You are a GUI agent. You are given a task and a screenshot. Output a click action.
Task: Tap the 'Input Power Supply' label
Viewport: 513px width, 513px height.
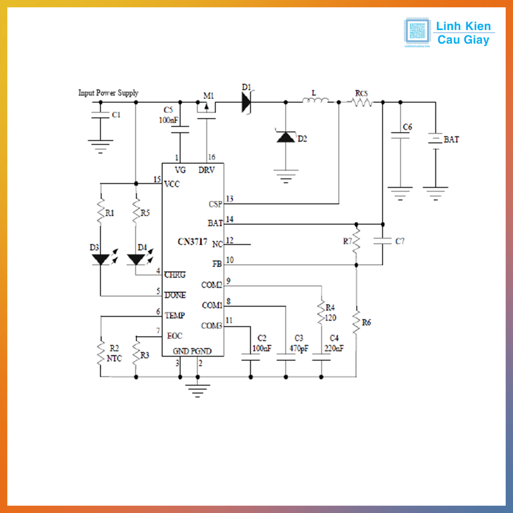click(108, 93)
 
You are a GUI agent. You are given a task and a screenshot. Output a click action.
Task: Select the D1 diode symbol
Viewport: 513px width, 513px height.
click(246, 102)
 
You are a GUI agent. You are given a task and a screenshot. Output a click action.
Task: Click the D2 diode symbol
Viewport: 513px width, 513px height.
click(286, 137)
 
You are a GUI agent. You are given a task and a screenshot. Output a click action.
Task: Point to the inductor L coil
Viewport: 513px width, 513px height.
click(316, 101)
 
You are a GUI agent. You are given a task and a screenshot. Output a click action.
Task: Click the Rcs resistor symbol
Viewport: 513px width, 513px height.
click(362, 102)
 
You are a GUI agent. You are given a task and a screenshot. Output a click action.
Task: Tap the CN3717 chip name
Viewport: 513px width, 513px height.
click(192, 241)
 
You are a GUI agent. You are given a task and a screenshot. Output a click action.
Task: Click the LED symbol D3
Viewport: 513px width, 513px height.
click(101, 260)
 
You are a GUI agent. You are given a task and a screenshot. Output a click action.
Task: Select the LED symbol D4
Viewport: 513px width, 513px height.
click(135, 260)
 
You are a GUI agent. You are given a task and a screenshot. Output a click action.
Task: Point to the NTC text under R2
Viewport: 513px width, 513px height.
click(114, 358)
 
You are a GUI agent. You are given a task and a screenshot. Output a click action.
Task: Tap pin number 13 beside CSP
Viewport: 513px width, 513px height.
click(229, 199)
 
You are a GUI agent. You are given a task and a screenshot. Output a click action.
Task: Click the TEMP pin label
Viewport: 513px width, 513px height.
click(174, 315)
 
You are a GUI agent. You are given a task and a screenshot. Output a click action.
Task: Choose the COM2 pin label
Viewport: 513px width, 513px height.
click(212, 285)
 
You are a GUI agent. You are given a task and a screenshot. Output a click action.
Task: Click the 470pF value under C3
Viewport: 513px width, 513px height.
click(299, 348)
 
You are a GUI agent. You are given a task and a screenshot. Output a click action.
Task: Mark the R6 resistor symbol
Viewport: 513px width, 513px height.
click(356, 323)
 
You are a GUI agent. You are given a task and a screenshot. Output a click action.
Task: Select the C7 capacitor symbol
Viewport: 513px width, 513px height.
click(382, 241)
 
